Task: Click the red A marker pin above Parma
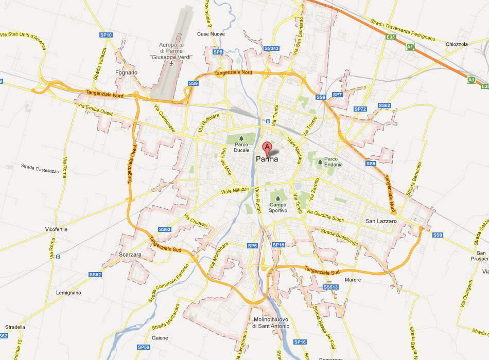click(x=267, y=148)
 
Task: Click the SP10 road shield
click(x=106, y=35)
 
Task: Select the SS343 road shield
click(x=271, y=48)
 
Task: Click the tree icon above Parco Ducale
click(x=241, y=138)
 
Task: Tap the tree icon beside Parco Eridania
click(x=320, y=162)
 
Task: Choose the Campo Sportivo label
click(x=278, y=207)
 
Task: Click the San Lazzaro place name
click(x=381, y=221)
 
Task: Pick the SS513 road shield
click(x=331, y=286)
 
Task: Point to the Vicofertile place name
click(x=56, y=229)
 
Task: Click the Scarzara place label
click(x=129, y=254)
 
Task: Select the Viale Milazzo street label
click(x=234, y=191)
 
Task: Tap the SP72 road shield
click(x=360, y=109)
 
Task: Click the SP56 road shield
click(x=143, y=347)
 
